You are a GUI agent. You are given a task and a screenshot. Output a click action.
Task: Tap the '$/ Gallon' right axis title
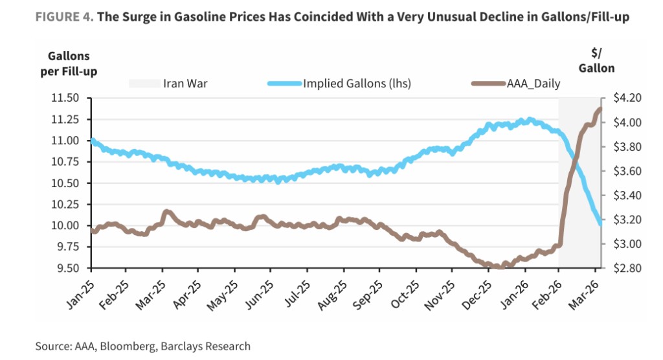point(596,60)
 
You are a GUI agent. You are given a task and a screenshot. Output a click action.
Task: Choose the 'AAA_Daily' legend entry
point(533,84)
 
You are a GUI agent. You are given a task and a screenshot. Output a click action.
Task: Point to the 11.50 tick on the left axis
point(65,98)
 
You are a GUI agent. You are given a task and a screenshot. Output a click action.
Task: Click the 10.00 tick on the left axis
point(65,226)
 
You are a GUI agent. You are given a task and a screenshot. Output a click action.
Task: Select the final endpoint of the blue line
point(600,222)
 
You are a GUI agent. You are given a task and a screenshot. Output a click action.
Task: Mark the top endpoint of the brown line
point(600,109)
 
